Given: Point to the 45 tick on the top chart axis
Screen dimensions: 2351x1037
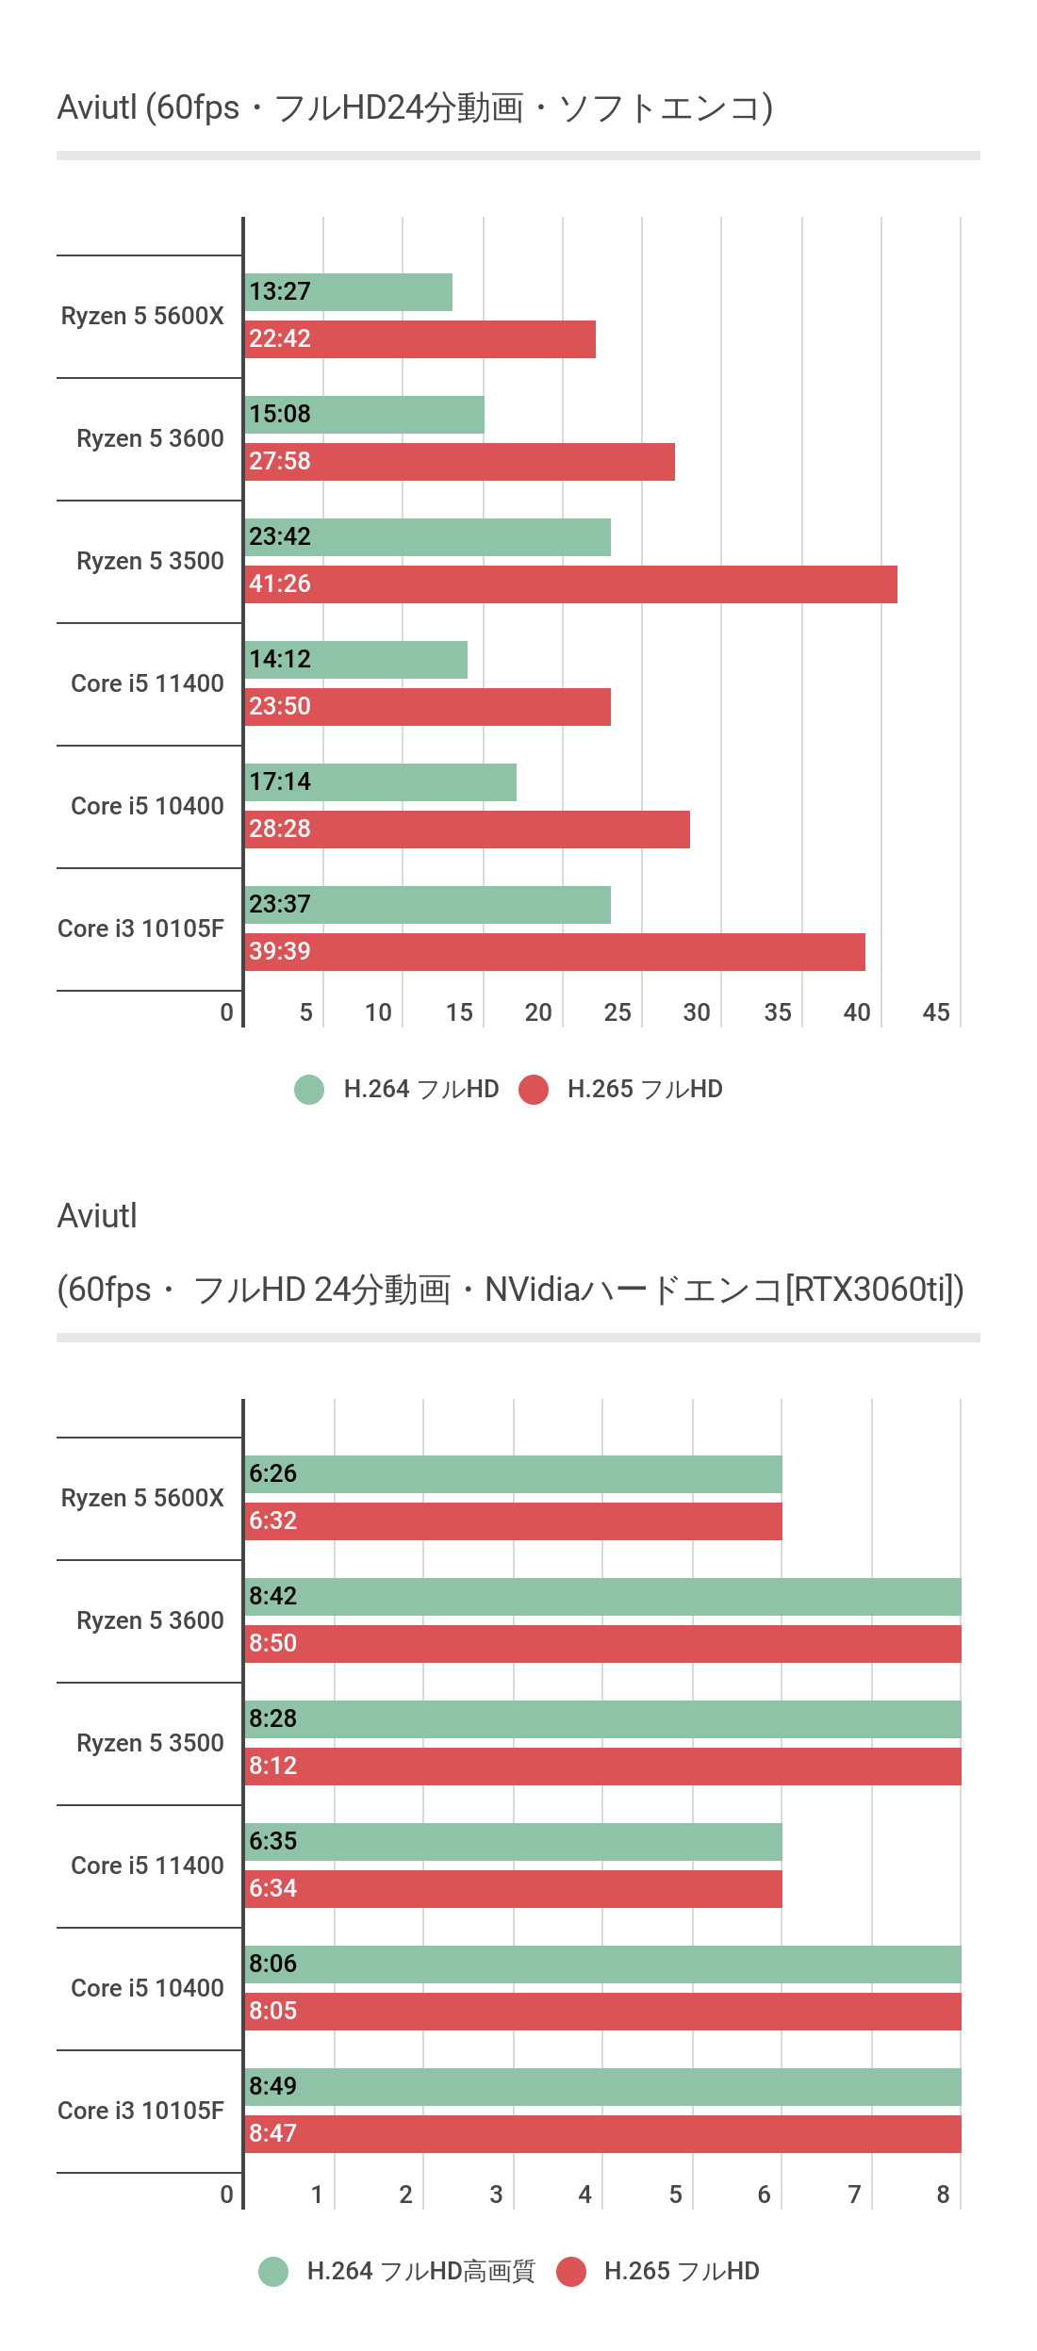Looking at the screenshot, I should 936,1012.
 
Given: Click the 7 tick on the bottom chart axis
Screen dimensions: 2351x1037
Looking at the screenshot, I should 854,2195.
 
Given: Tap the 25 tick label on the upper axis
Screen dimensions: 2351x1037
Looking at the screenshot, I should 617,1012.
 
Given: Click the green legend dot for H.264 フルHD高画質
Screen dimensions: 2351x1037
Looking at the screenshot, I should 273,2272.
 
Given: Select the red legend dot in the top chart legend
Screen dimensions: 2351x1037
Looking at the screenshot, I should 534,1090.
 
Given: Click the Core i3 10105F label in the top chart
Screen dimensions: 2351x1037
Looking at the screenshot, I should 141,929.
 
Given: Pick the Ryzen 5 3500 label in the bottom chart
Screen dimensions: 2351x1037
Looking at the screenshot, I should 150,1743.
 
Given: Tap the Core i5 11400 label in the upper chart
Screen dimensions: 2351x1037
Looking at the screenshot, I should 147,683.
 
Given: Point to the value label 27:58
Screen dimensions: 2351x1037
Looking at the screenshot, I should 280,461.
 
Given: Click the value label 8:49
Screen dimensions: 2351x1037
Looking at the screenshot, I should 272,2086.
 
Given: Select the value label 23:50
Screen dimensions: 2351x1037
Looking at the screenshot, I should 280,706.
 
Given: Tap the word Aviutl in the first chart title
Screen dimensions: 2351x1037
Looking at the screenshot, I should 97,107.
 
